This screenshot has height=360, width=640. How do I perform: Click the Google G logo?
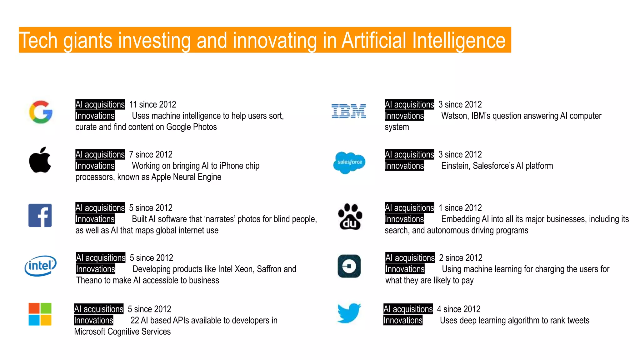[41, 112]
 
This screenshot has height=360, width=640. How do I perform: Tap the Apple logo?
[40, 160]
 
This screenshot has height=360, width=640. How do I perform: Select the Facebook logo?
[40, 215]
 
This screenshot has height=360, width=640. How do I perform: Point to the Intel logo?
[41, 266]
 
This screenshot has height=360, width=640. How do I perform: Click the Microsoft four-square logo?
[40, 314]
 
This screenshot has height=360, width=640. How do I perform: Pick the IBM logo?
[349, 111]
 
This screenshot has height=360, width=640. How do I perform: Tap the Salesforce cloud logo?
[349, 162]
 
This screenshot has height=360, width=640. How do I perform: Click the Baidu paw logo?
[350, 217]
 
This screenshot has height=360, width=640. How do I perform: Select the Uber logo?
[349, 266]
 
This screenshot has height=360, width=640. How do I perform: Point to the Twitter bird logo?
[349, 313]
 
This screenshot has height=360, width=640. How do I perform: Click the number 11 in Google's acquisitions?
[133, 104]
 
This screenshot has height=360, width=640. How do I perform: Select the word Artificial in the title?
[374, 41]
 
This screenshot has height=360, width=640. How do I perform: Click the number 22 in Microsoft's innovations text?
[135, 320]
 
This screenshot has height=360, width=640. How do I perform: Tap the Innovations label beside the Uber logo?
[405, 269]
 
